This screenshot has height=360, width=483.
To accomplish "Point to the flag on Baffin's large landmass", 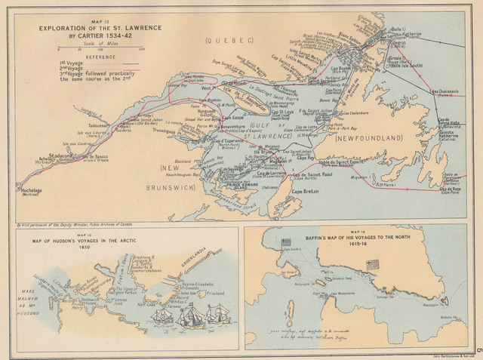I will [371, 264].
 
